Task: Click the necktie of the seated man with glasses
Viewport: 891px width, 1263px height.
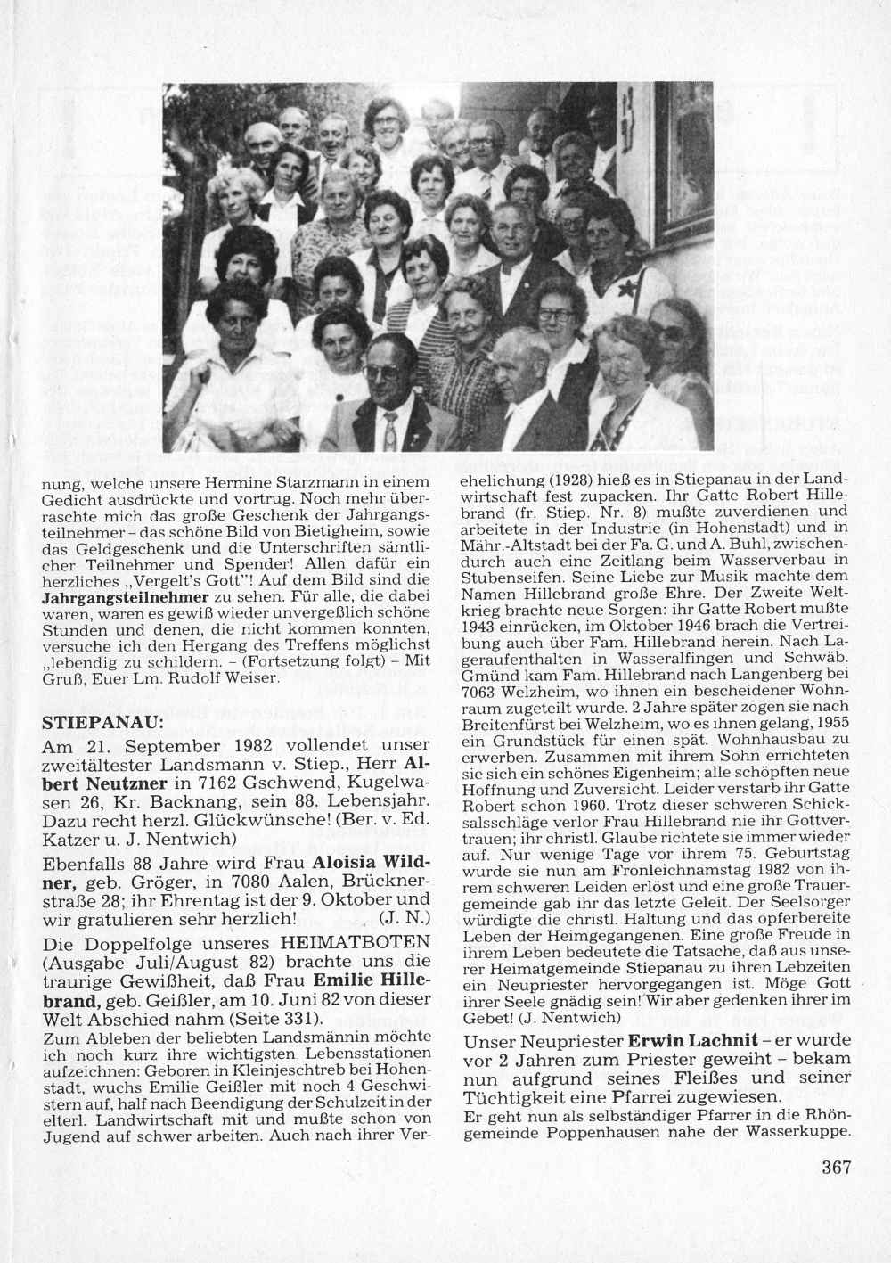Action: coord(389,431)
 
